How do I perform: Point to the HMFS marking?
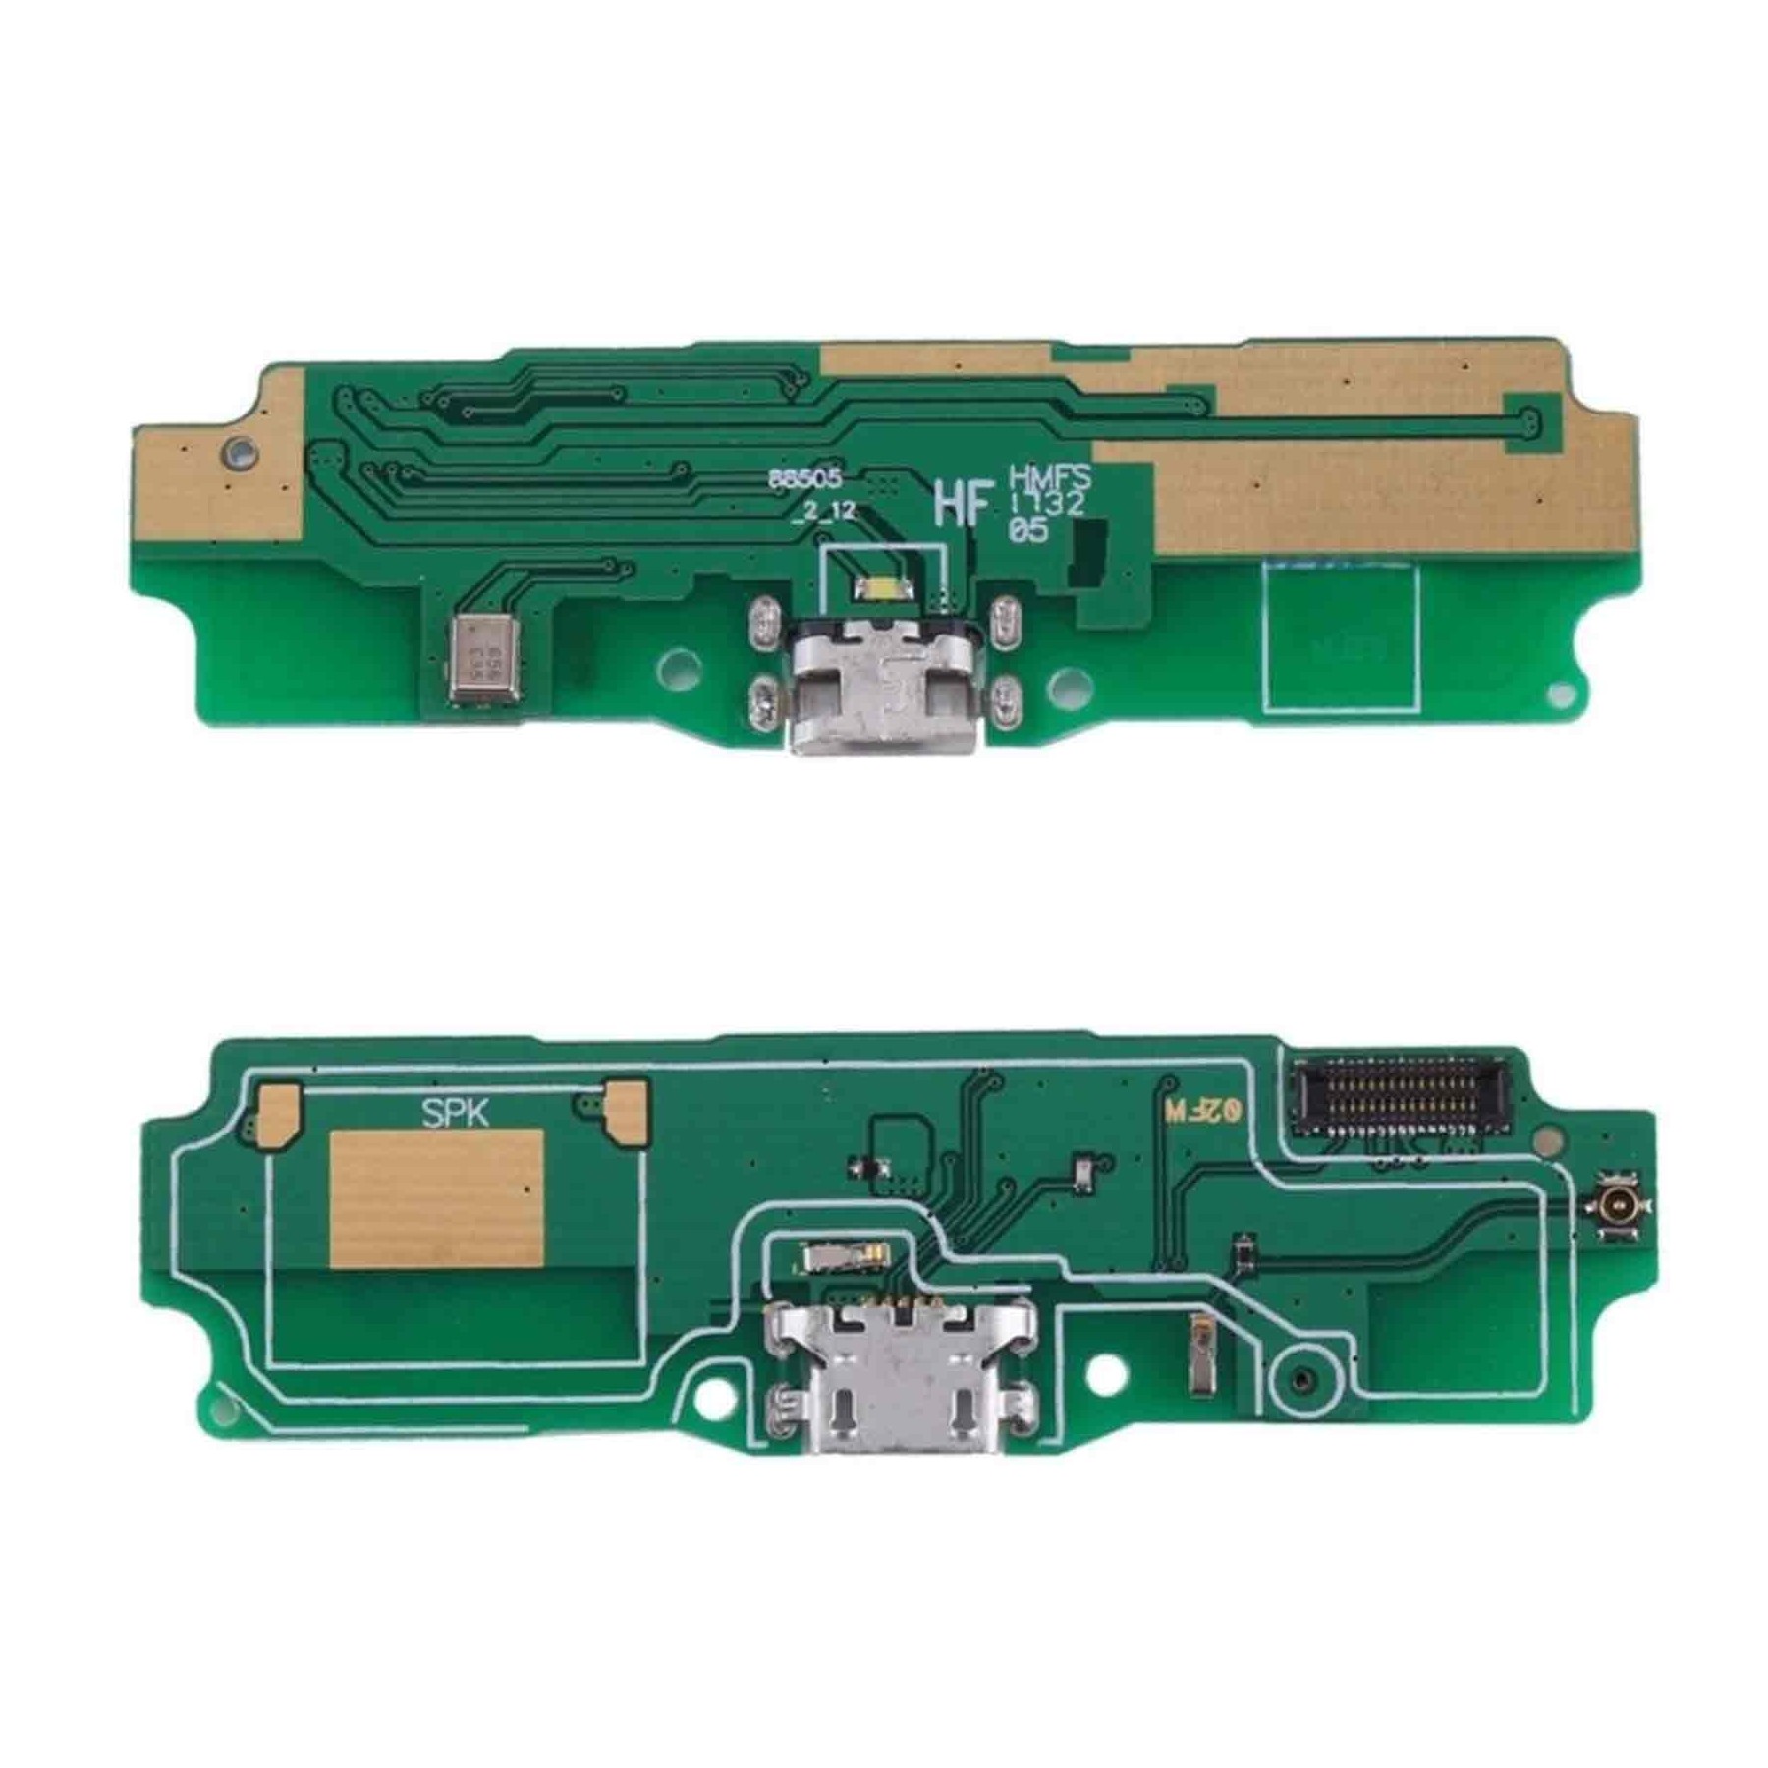coord(1050,479)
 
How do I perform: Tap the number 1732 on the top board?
coord(1047,505)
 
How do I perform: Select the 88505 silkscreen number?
coord(804,479)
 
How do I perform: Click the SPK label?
coord(455,1113)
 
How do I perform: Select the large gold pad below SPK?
coord(436,1197)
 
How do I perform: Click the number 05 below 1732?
coord(1027,531)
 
